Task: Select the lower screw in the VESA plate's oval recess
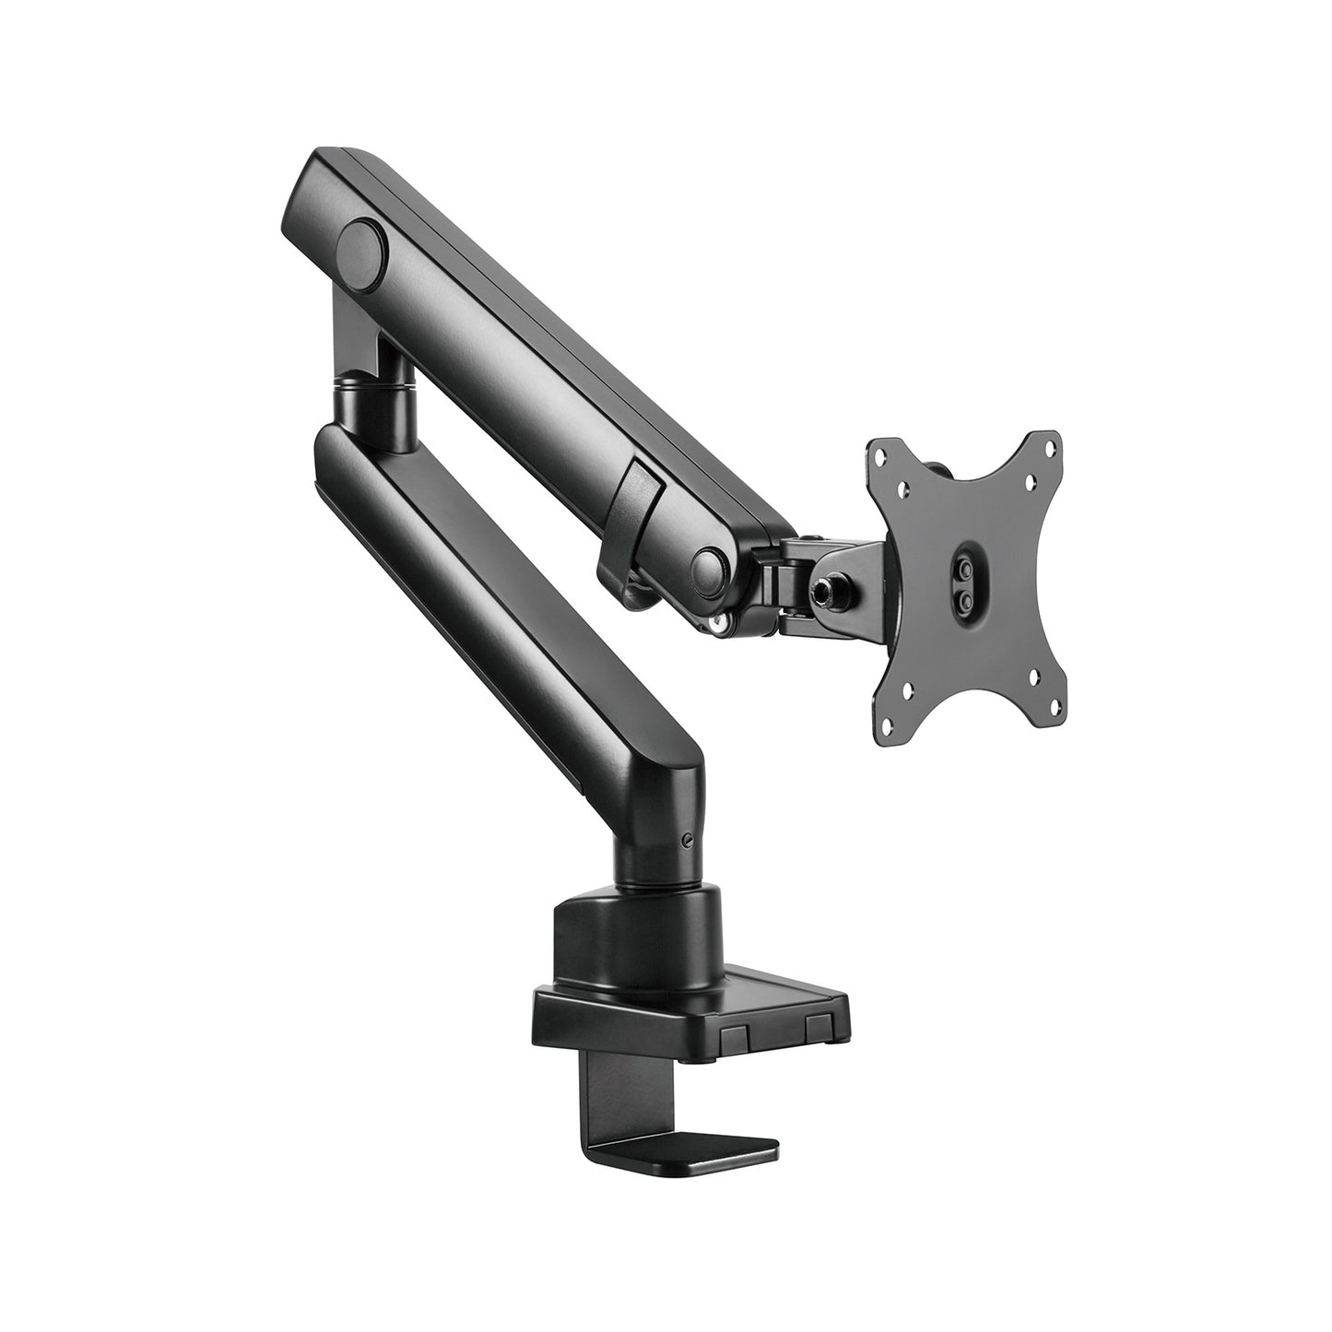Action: click(x=965, y=597)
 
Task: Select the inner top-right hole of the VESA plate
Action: click(x=1030, y=479)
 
